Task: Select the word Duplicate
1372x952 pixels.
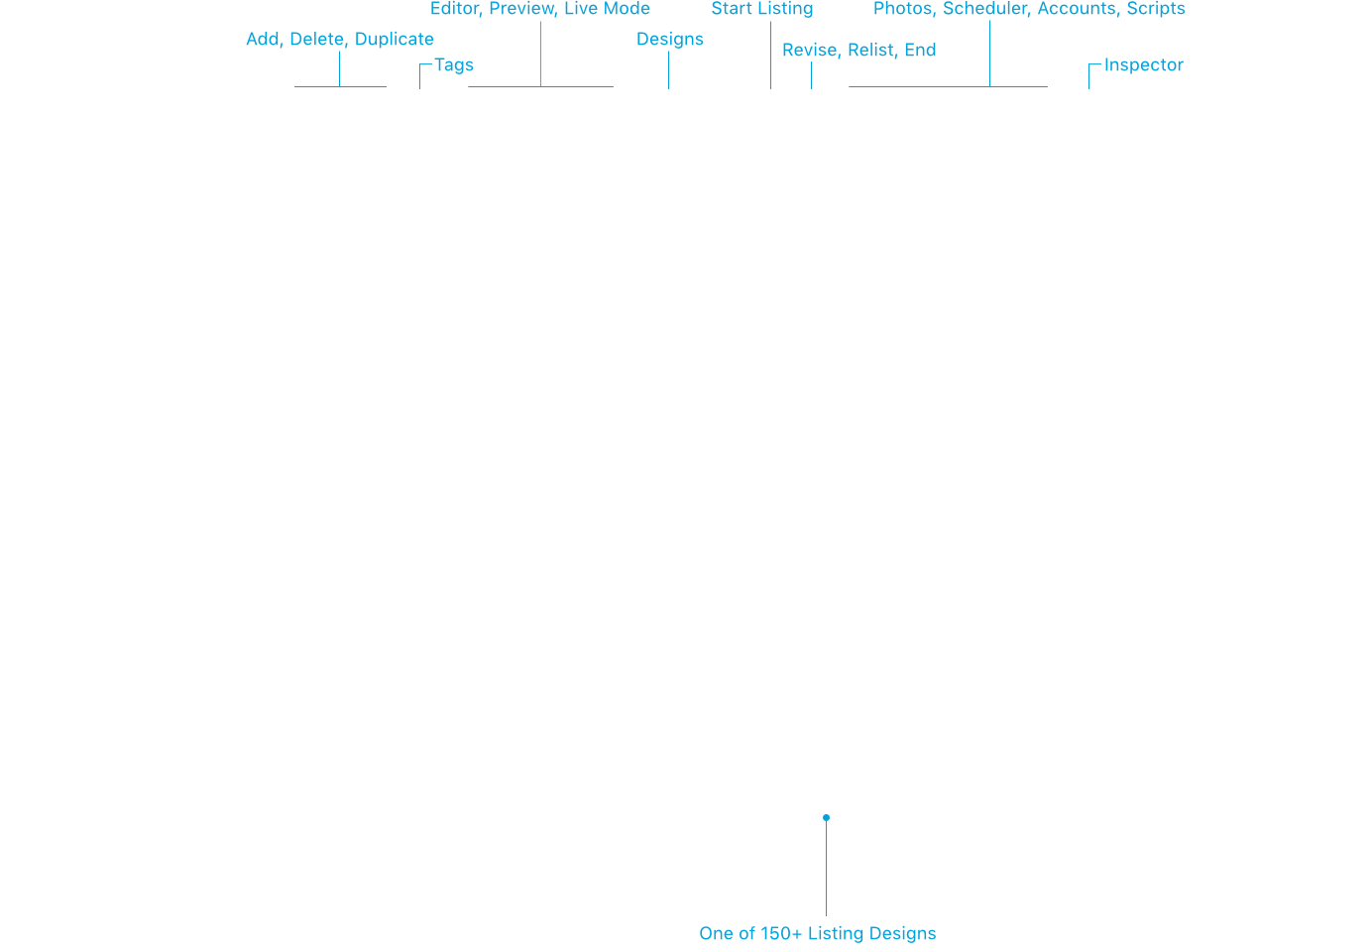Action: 395,40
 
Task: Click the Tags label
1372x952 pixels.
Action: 454,65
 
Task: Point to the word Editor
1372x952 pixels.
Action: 456,9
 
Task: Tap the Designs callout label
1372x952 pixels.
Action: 670,40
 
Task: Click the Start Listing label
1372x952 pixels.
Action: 762,9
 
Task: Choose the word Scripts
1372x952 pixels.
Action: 1157,9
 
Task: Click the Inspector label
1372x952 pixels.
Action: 1144,65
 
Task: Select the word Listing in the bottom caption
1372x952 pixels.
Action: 836,934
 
